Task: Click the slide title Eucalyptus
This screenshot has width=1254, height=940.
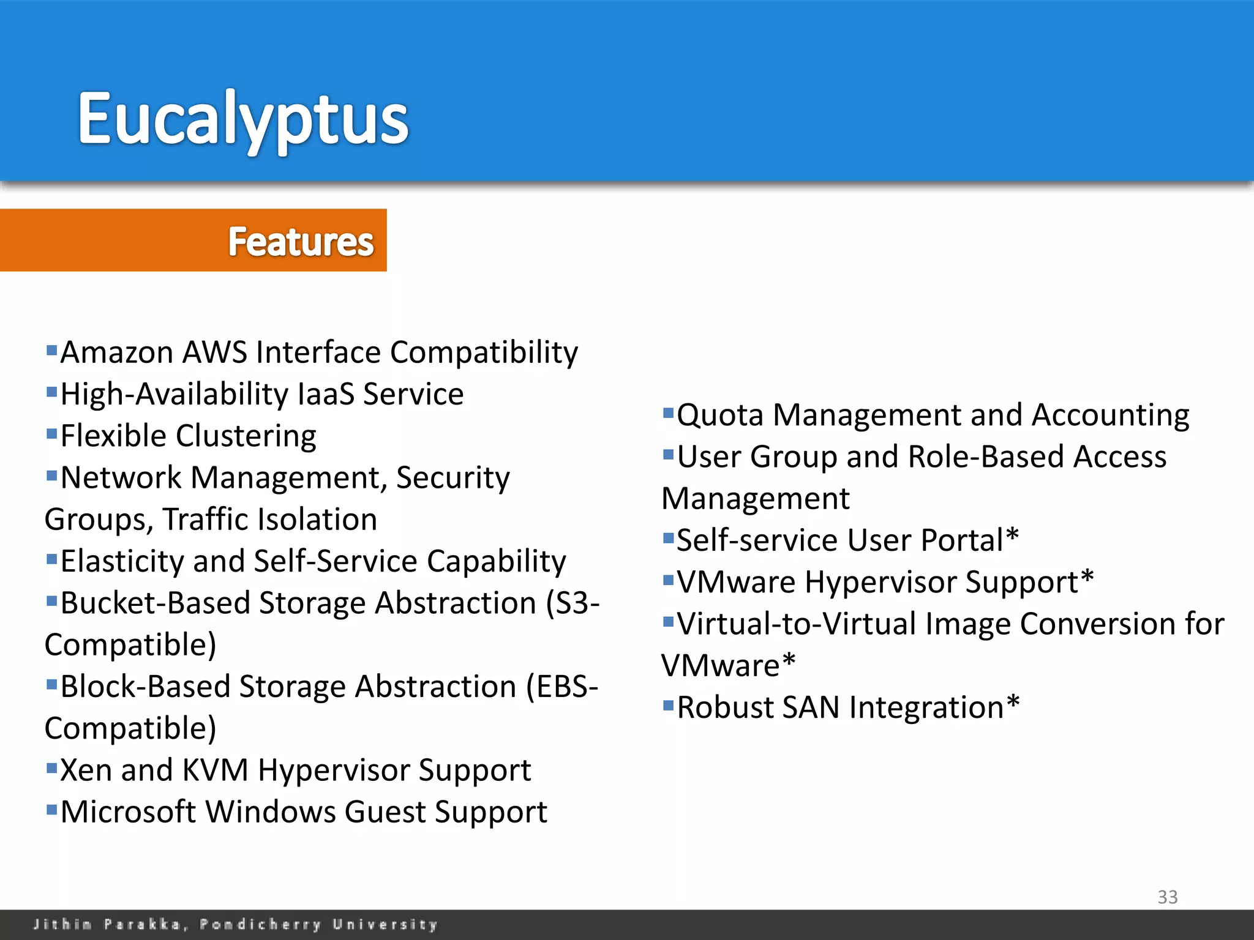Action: [x=242, y=119]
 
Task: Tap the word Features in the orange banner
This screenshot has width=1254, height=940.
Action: [x=301, y=242]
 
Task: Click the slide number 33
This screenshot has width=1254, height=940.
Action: [x=1167, y=897]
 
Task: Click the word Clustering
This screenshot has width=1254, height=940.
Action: [x=246, y=436]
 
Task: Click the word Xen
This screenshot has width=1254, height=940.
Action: [x=86, y=770]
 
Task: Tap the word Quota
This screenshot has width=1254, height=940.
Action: [x=720, y=416]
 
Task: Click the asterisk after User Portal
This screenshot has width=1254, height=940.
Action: [x=1012, y=537]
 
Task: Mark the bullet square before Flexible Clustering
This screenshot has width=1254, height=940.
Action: [x=51, y=433]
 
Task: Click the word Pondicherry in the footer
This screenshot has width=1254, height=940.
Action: [x=260, y=924]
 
